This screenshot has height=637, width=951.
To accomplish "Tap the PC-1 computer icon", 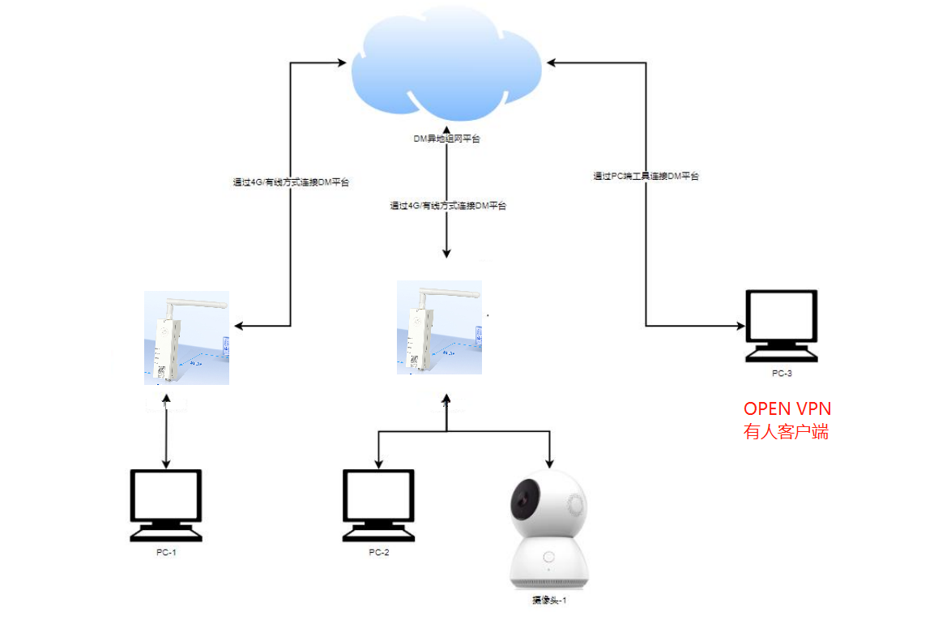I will click(166, 504).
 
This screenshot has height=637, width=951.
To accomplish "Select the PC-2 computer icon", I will click(378, 504).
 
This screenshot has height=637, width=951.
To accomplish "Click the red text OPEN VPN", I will click(787, 408).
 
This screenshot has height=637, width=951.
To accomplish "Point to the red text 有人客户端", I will click(786, 432).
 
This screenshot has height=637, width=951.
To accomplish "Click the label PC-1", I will click(165, 552).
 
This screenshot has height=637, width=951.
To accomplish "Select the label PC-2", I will click(379, 552).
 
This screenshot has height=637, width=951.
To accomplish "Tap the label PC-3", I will click(782, 374).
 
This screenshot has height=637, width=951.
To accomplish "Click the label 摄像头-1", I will click(549, 601).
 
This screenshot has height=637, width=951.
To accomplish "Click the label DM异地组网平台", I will click(446, 139).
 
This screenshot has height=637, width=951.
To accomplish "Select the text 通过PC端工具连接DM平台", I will click(646, 176).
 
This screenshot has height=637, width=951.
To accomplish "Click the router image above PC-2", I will click(439, 327).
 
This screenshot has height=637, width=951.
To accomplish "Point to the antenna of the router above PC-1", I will click(195, 306).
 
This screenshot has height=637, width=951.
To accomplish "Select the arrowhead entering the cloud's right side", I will click(551, 61).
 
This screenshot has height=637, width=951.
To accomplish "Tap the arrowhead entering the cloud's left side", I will click(345, 61).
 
